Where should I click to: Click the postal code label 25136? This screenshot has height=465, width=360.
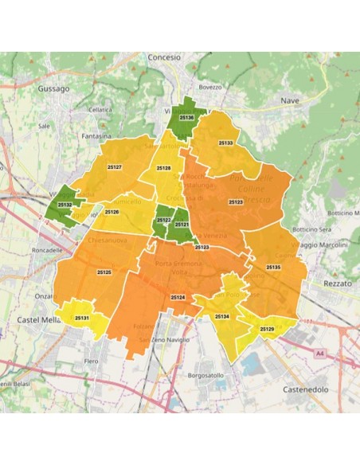tap(187, 118)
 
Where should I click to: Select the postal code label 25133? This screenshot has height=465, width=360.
tap(225, 143)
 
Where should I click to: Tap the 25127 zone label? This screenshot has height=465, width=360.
tap(114, 167)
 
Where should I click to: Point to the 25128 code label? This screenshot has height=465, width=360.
tap(163, 168)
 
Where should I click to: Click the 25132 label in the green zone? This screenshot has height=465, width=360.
tap(65, 205)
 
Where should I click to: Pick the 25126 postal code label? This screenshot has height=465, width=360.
tap(112, 212)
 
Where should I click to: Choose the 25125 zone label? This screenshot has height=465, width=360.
tap(104, 272)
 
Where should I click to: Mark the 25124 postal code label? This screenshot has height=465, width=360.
tap(178, 297)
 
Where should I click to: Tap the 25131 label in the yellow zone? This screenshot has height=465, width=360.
tap(81, 318)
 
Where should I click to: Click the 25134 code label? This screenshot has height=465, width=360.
tap(221, 316)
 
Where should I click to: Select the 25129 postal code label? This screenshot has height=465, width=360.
tap(267, 329)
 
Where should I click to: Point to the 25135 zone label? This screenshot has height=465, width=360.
tap(273, 267)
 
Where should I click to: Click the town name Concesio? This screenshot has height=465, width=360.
tap(165, 58)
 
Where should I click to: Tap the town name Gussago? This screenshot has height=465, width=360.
tap(53, 89)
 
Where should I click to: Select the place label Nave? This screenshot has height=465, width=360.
tap(290, 101)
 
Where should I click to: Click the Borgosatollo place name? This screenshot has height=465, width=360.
tap(207, 374)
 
